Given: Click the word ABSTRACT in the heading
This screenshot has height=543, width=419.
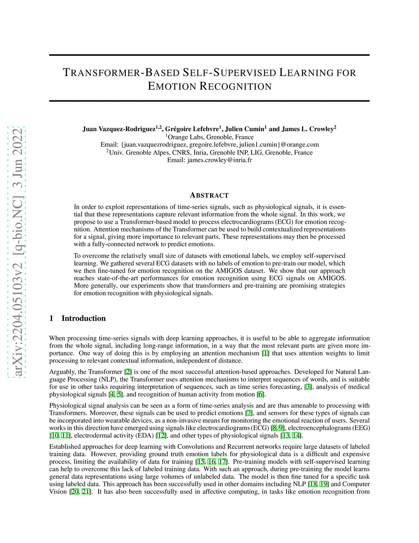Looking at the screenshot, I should click(x=209, y=195).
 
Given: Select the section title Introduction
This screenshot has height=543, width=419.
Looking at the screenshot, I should click(x=83, y=318).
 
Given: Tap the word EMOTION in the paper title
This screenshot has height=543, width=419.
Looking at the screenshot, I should click(x=172, y=86).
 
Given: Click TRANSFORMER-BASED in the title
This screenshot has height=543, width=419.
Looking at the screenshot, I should click(x=121, y=73).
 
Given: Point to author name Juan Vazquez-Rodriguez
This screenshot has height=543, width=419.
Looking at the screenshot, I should click(x=119, y=129).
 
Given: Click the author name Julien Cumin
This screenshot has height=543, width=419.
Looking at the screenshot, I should click(x=244, y=129).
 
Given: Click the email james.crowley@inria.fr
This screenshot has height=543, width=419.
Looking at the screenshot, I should click(x=220, y=160).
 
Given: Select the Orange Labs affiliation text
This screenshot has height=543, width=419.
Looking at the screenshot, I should click(x=210, y=137).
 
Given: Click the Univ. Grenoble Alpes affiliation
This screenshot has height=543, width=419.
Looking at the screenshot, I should click(x=210, y=152).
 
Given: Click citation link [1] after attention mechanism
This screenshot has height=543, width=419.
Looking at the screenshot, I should click(x=266, y=353).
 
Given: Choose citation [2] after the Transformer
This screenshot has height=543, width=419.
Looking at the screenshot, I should click(x=128, y=372).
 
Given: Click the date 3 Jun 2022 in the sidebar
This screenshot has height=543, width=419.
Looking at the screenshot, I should click(x=18, y=158).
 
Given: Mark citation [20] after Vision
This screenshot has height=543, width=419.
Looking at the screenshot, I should click(x=75, y=491).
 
